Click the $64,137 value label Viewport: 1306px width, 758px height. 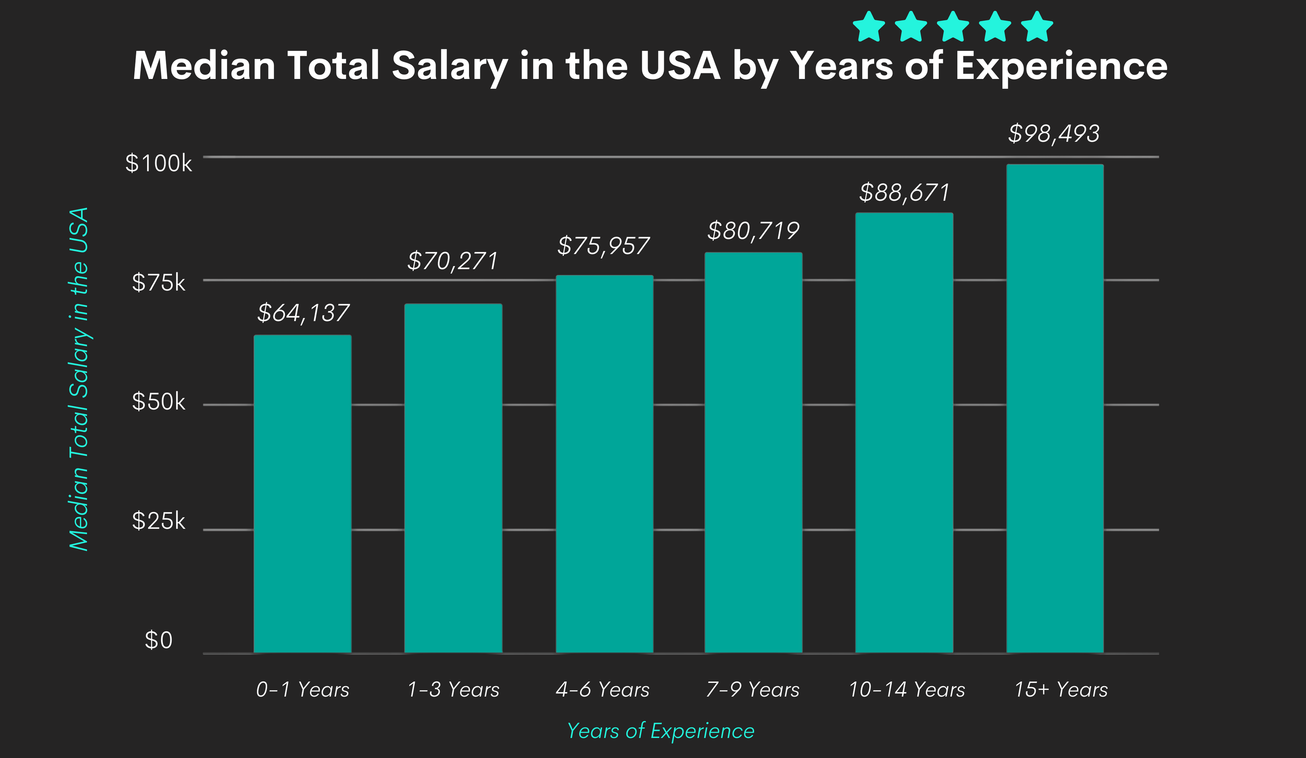point(303,313)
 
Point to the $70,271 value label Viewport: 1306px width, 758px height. point(452,261)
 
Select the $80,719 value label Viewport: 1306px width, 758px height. point(753,230)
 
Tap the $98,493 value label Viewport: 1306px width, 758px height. point(1053,134)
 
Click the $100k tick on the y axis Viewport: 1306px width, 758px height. point(159,164)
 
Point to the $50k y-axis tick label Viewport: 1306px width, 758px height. point(159,402)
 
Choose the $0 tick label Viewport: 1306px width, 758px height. point(159,640)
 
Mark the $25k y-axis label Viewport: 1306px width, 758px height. point(159,521)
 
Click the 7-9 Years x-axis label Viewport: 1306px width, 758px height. point(753,690)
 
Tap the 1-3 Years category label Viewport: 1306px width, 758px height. point(453,690)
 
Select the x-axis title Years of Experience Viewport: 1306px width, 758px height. point(660,731)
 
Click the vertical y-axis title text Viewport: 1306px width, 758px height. point(79,379)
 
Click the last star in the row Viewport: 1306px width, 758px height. point(1037,27)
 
